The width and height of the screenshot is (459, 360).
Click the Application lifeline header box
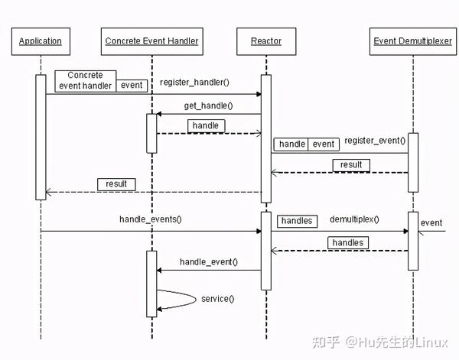tap(40, 41)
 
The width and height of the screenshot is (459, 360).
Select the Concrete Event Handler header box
tap(151, 41)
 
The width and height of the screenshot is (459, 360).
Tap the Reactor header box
tap(265, 41)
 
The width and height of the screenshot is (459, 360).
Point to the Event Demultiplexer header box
tap(412, 41)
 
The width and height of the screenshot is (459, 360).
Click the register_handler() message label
tap(194, 82)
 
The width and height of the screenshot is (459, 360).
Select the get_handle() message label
tap(208, 105)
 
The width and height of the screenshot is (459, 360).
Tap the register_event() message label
tap(375, 141)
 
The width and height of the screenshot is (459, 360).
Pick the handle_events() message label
tap(151, 219)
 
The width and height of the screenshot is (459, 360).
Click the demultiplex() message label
tap(354, 219)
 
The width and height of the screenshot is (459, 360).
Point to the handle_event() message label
tap(208, 261)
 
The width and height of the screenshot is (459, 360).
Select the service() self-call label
tap(218, 298)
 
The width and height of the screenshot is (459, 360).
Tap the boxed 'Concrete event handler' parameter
tap(85, 80)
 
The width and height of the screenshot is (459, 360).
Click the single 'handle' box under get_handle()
tap(205, 125)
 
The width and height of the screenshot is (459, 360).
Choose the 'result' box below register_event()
tap(351, 164)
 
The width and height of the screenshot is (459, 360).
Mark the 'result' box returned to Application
tap(116, 183)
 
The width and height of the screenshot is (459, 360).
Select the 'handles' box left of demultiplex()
tap(296, 220)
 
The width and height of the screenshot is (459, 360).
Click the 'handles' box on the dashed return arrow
tap(347, 242)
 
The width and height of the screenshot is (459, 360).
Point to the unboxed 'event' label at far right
tap(431, 223)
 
